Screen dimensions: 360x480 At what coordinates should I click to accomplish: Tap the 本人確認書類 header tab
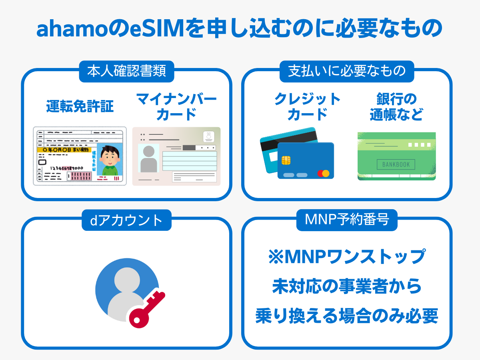[126, 71]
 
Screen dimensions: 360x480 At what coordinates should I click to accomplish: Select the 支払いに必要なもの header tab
[347, 71]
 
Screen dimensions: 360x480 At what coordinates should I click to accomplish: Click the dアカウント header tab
[126, 220]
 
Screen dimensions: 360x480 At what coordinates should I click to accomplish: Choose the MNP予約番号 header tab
[347, 220]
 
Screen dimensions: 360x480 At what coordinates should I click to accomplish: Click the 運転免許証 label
[80, 106]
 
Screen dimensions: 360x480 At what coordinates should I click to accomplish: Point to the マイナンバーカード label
[176, 106]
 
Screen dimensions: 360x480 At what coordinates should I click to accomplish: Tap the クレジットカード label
[307, 106]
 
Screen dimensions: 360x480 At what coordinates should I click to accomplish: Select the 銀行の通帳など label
[396, 106]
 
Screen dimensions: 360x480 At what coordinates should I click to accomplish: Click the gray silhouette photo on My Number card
[148, 158]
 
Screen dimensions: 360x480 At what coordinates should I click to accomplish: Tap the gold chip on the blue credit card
[286, 160]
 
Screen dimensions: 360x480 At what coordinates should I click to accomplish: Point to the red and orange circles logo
[323, 174]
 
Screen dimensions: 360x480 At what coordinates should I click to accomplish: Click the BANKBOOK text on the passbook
[396, 164]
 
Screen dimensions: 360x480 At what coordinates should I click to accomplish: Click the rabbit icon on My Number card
[208, 136]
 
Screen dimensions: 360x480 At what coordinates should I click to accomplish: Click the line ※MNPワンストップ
[347, 257]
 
